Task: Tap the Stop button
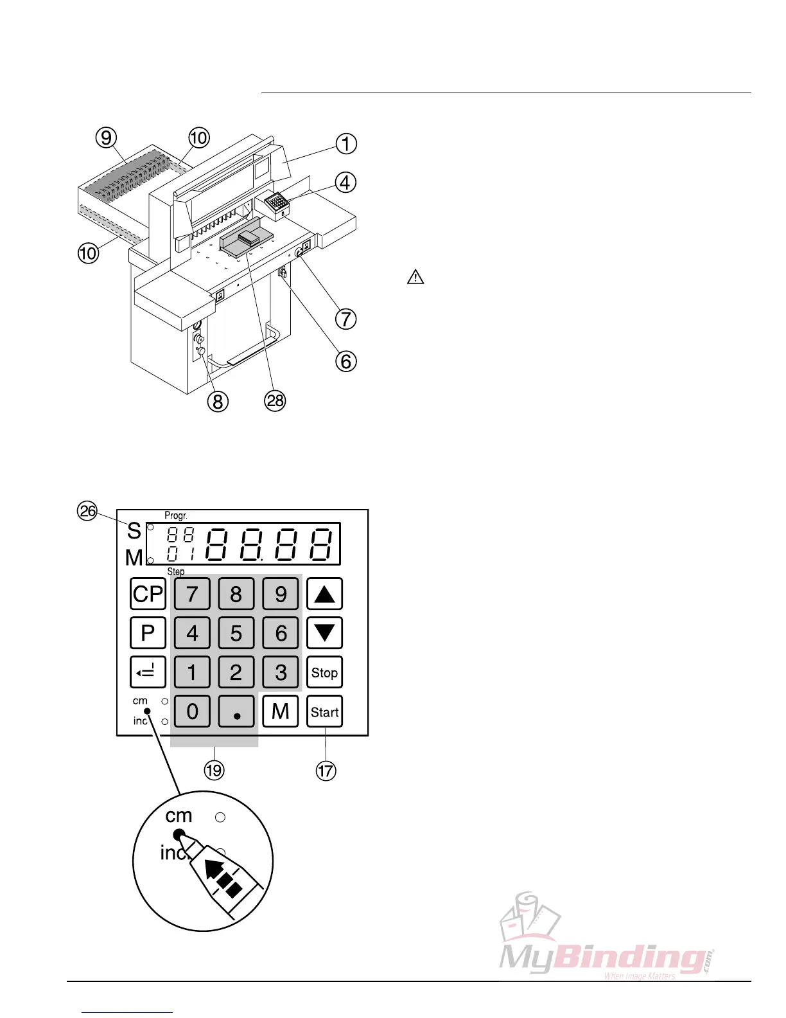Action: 324,672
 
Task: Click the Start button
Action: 324,711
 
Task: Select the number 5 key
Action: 236,633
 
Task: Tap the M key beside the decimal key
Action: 281,711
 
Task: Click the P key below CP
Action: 148,633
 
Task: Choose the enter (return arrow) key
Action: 148,672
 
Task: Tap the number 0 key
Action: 192,711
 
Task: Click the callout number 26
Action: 87,511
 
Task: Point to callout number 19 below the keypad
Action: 214,770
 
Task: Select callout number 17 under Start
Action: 326,770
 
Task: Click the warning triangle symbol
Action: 416,277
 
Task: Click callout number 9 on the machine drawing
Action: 106,137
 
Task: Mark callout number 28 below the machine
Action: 275,400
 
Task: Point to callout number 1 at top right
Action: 346,143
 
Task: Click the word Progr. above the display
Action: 176,515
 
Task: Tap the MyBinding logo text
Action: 604,958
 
